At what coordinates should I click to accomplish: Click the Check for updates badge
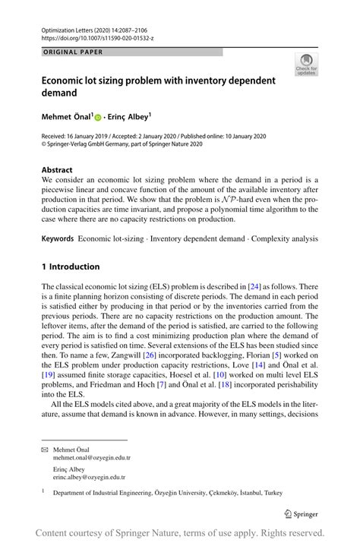click(x=307, y=65)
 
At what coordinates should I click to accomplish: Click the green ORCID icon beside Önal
click(x=98, y=118)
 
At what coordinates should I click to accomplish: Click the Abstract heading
click(x=57, y=170)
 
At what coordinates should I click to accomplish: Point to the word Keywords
click(x=58, y=238)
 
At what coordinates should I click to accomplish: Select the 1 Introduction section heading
click(x=71, y=267)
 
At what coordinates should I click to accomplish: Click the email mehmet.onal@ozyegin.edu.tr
click(x=92, y=458)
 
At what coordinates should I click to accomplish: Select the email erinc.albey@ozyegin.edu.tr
click(x=91, y=478)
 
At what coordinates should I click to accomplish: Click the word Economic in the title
click(x=70, y=80)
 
